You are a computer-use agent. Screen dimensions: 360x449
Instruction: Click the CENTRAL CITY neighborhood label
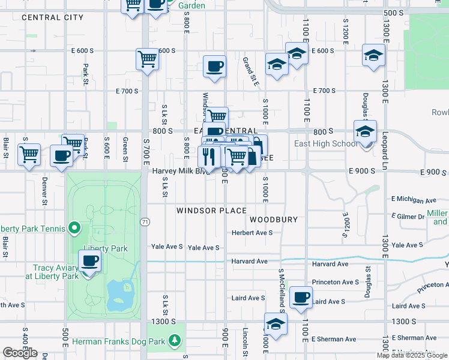tap(52, 17)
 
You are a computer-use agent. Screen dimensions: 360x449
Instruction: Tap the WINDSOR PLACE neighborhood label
tap(211, 211)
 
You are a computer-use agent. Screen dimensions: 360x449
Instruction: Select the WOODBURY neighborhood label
tap(274, 220)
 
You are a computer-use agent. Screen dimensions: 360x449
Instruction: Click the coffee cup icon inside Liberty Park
tap(89, 261)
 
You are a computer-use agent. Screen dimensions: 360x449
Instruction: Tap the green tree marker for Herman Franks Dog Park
tap(175, 341)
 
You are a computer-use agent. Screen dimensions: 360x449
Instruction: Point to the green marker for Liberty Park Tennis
tap(74, 228)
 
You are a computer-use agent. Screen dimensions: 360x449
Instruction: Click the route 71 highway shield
tap(145, 221)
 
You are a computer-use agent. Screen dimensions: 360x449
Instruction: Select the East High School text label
tap(326, 144)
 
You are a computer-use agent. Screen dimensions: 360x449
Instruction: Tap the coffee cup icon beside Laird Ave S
tap(301, 297)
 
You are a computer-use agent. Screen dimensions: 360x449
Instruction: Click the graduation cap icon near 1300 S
tap(276, 324)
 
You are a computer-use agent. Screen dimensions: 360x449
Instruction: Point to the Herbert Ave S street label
tap(253, 232)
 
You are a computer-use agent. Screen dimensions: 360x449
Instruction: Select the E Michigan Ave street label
tap(414, 199)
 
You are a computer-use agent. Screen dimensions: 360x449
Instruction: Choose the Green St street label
tap(125, 147)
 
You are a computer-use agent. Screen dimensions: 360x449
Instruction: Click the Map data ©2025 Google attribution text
tap(412, 355)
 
